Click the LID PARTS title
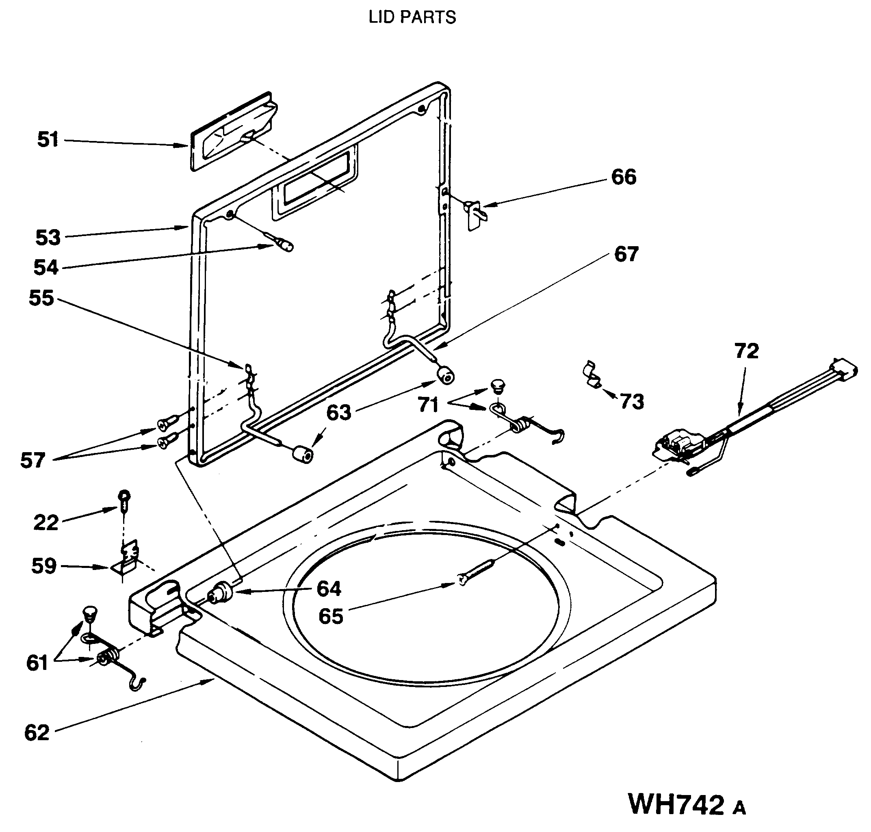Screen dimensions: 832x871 pos(412,17)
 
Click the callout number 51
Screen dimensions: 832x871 pos(48,140)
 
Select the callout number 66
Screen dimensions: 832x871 pos(624,177)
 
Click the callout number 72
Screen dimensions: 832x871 pos(746,351)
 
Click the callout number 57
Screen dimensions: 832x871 pos(33,460)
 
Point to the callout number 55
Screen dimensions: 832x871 pos(41,298)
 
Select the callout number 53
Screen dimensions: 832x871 pos(48,238)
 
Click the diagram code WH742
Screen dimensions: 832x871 pos(676,804)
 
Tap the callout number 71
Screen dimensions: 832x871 pos(428,405)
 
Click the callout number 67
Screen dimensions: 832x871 pos(626,254)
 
